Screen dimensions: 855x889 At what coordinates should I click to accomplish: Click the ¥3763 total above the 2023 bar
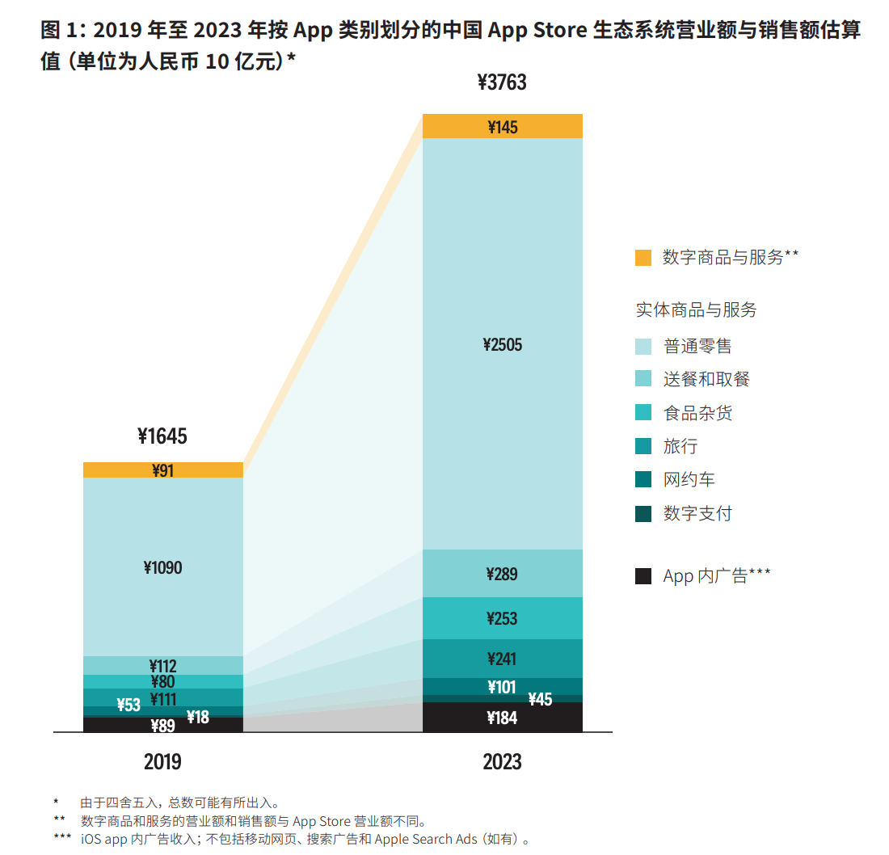pyautogui.click(x=502, y=82)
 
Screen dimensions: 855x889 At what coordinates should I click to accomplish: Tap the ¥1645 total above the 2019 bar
pyautogui.click(x=162, y=436)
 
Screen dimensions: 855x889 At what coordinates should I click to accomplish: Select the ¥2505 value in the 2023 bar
pyautogui.click(x=503, y=345)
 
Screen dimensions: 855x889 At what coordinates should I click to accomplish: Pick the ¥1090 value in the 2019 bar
pyautogui.click(x=162, y=568)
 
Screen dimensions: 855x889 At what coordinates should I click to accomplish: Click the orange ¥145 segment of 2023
pyautogui.click(x=503, y=127)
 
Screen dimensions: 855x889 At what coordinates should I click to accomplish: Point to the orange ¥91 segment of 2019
pyautogui.click(x=162, y=470)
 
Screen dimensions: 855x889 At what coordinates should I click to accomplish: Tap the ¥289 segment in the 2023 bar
pyautogui.click(x=503, y=575)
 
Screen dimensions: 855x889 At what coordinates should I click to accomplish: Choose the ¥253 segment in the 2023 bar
pyautogui.click(x=503, y=619)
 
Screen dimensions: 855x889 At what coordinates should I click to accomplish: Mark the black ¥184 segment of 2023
pyautogui.click(x=503, y=718)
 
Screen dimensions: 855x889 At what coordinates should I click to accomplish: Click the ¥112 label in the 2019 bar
pyautogui.click(x=162, y=666)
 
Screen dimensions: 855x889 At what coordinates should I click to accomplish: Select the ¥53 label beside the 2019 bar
pyautogui.click(x=129, y=705)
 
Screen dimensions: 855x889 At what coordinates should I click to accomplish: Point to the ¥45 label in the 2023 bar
pyautogui.click(x=540, y=699)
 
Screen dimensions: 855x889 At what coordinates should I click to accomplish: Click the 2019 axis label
pyautogui.click(x=162, y=761)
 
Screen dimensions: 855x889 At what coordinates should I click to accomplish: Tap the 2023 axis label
pyautogui.click(x=503, y=761)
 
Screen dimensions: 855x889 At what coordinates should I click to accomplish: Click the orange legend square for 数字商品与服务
pyautogui.click(x=643, y=258)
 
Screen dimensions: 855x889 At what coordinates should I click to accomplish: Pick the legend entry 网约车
pyautogui.click(x=689, y=480)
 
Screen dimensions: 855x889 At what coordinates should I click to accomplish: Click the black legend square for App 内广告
pyautogui.click(x=643, y=576)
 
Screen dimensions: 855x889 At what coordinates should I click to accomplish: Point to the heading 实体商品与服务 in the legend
pyautogui.click(x=696, y=310)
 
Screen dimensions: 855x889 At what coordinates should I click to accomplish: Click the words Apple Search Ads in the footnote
pyautogui.click(x=426, y=839)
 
